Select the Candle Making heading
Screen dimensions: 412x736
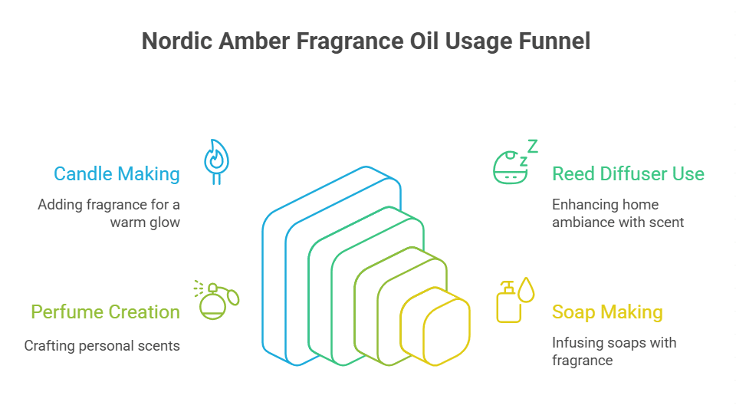point(117,174)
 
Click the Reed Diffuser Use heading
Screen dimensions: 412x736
point(628,174)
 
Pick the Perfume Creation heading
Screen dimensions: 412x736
point(105,312)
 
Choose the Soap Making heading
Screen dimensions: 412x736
point(607,312)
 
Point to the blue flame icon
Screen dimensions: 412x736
point(215,160)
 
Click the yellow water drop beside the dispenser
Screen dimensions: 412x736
point(526,289)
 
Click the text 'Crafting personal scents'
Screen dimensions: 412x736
point(102,346)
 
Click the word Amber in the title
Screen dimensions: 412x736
point(252,41)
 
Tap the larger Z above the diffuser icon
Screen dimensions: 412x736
point(531,146)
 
